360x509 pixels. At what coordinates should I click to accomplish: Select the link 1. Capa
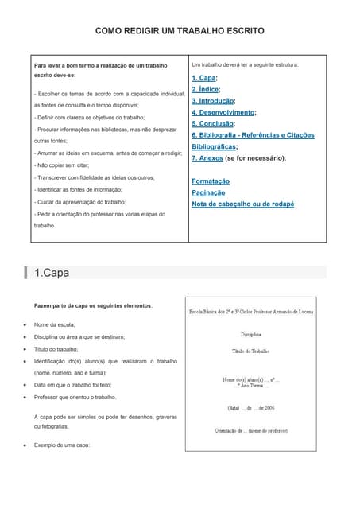(x=203, y=78)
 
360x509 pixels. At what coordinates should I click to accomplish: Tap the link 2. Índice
(x=205, y=90)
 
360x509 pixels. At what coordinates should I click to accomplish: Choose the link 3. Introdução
(x=212, y=101)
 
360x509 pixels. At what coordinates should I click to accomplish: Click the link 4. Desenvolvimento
(x=223, y=113)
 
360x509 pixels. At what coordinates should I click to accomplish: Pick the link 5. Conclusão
(x=212, y=124)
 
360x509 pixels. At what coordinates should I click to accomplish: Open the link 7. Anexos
(x=207, y=158)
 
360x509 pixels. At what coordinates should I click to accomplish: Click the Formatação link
(x=210, y=181)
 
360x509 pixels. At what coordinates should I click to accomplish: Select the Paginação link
(x=208, y=192)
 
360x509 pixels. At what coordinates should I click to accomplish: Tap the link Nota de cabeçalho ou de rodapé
(x=242, y=204)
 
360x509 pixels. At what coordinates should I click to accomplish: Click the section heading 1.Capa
(x=52, y=273)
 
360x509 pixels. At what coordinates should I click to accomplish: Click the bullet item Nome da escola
(x=55, y=324)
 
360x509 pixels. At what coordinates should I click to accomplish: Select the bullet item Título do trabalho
(x=56, y=349)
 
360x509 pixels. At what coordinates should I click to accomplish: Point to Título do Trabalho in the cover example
(x=251, y=351)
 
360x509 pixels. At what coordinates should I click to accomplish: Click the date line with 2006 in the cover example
(x=251, y=408)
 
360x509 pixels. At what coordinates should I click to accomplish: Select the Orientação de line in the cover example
(x=251, y=430)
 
